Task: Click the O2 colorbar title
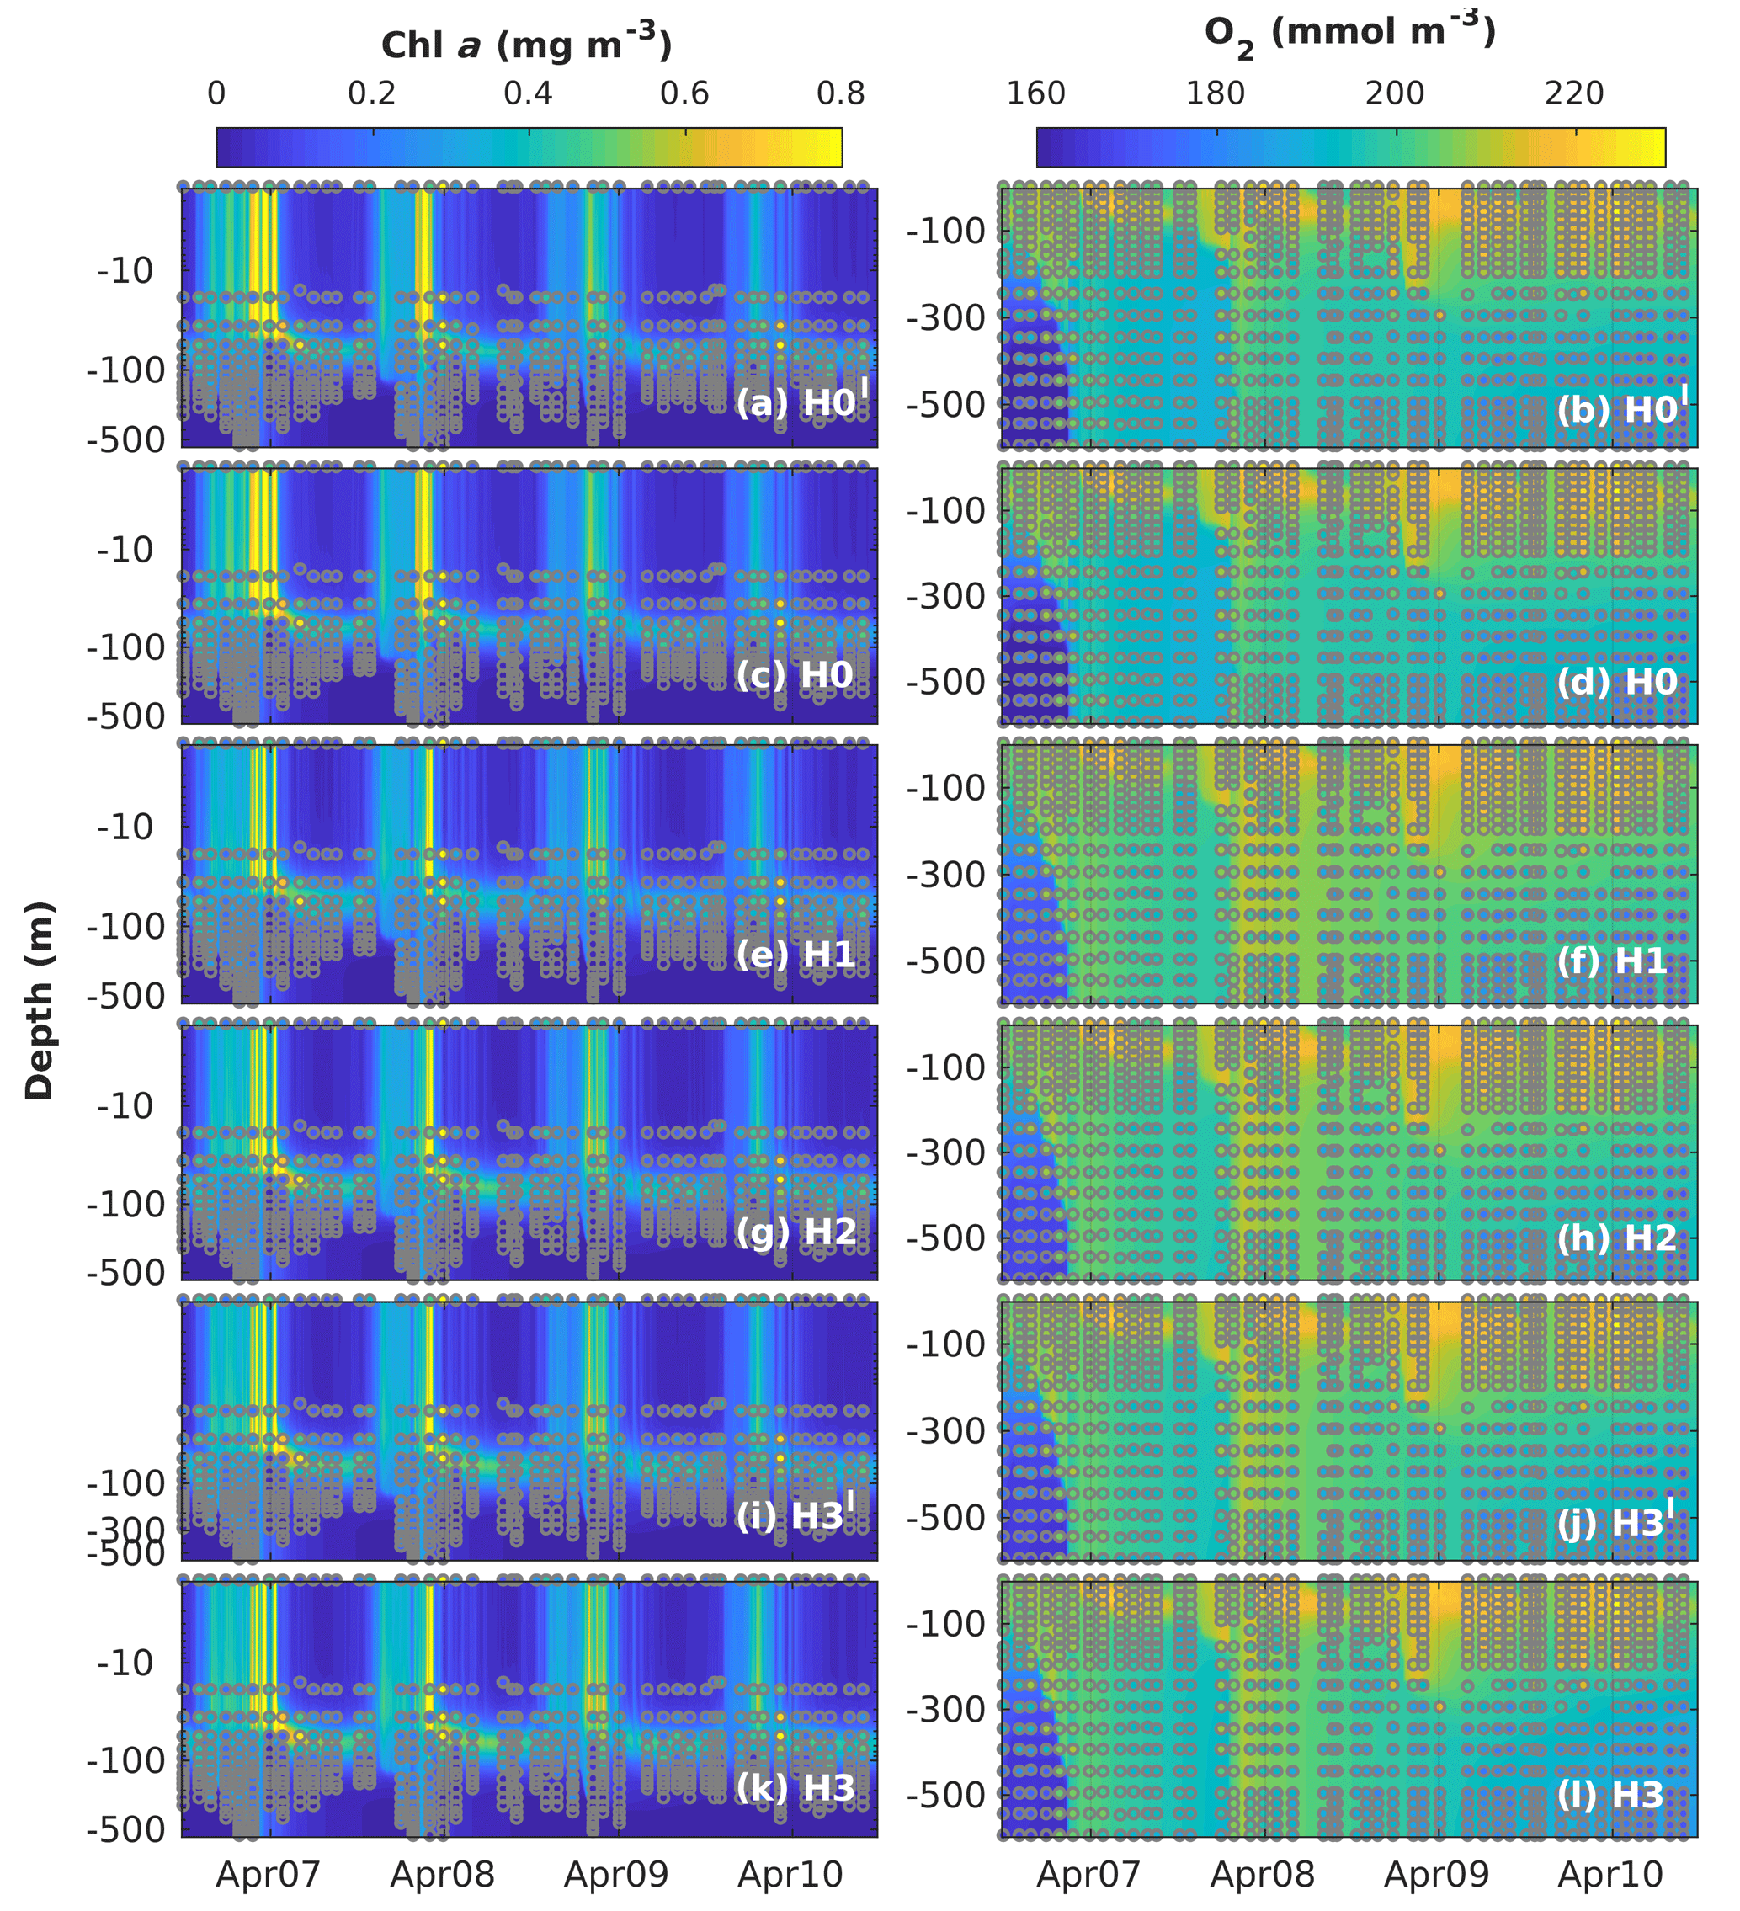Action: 1349,35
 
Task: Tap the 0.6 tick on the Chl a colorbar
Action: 684,93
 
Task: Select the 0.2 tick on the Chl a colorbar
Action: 371,93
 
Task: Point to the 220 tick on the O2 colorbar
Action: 1573,93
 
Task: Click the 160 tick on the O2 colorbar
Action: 1036,93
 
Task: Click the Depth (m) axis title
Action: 40,1000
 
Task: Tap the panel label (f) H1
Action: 1611,961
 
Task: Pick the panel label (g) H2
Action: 796,1232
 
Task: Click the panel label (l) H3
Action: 1610,1795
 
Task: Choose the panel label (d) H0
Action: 1617,682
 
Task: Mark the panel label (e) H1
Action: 796,954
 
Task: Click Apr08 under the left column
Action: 443,1874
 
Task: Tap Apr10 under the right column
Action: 1610,1874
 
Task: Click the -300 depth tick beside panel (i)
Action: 126,1529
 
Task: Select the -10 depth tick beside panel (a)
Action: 125,271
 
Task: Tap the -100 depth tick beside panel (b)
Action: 946,231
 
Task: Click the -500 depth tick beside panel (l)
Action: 946,1795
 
